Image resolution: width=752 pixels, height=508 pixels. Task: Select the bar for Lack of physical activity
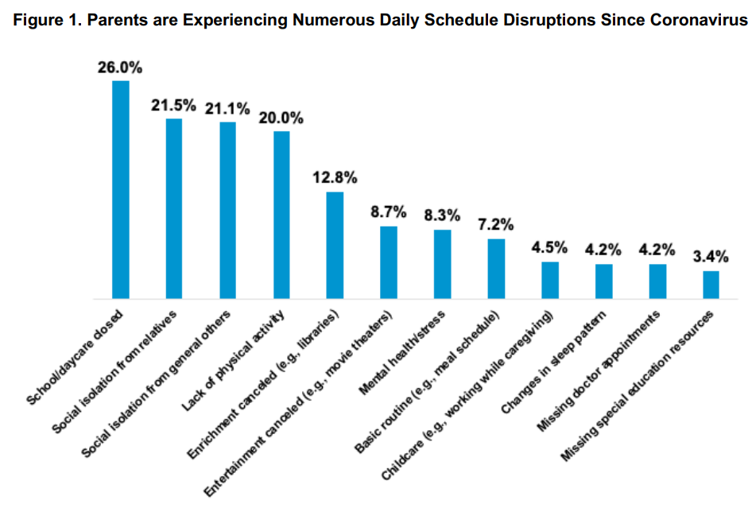pyautogui.click(x=281, y=215)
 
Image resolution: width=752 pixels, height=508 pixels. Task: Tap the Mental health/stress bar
pyautogui.click(x=443, y=264)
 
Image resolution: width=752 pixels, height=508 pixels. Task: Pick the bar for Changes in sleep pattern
pyautogui.click(x=604, y=281)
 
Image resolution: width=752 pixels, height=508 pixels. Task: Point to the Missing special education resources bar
pyautogui.click(x=711, y=285)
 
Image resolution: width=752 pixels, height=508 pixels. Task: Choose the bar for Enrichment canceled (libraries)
pyautogui.click(x=335, y=245)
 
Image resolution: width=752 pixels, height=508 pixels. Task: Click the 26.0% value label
pyautogui.click(x=120, y=68)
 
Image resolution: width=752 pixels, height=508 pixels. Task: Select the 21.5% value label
pyautogui.click(x=173, y=105)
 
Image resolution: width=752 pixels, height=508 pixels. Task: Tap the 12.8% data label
pyautogui.click(x=335, y=177)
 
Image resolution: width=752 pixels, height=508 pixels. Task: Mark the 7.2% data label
pyautogui.click(x=496, y=225)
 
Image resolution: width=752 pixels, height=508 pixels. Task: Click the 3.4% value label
pyautogui.click(x=711, y=257)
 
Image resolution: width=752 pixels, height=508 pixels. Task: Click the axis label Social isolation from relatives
pyautogui.click(x=127, y=363)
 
